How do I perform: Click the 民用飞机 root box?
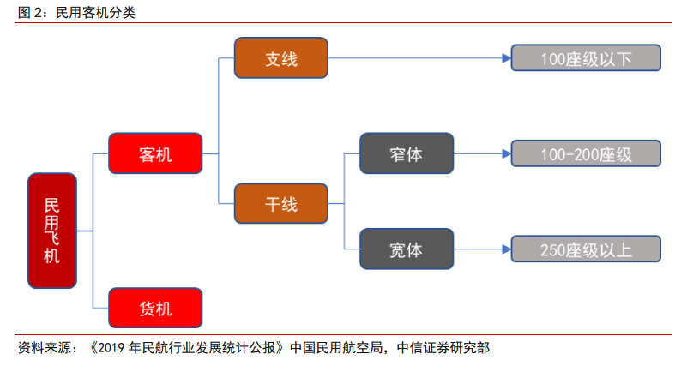(x=52, y=231)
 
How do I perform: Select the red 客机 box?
(x=155, y=153)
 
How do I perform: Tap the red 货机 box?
(x=155, y=308)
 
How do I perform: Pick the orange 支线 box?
(x=281, y=57)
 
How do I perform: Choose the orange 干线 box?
(x=281, y=204)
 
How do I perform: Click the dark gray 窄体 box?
(x=407, y=153)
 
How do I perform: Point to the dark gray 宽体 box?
(x=407, y=249)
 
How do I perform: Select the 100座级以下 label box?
(x=586, y=57)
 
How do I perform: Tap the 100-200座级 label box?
(x=586, y=153)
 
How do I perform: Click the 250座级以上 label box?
(x=586, y=249)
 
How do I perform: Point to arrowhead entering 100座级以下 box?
(x=507, y=57)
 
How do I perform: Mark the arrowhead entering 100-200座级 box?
(x=507, y=153)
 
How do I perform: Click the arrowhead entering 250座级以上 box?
(x=507, y=249)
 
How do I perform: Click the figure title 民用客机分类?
(x=95, y=12)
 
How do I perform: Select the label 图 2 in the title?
(x=30, y=12)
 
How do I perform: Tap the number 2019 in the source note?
(x=111, y=348)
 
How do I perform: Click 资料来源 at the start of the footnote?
(x=45, y=348)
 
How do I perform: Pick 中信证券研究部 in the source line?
(x=443, y=348)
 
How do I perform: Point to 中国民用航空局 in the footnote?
(x=336, y=348)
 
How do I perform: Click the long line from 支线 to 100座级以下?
(x=415, y=57)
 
